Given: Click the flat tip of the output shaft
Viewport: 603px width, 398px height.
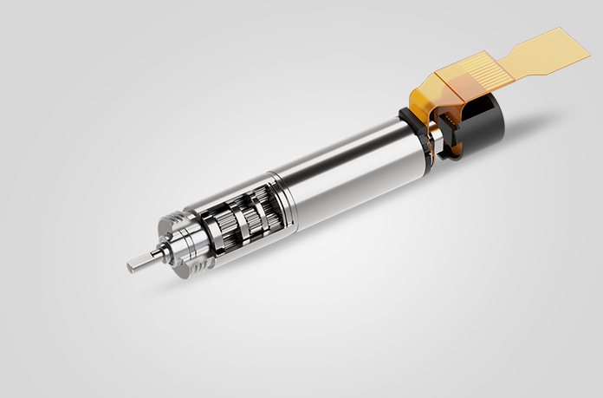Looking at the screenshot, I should pos(131,263).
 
